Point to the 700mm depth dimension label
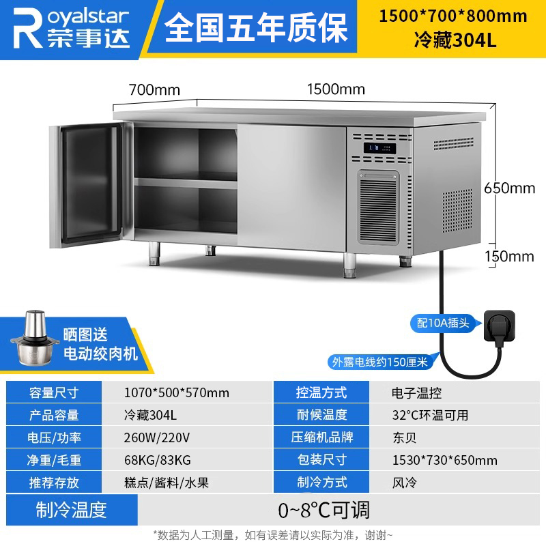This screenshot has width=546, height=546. pos(154,89)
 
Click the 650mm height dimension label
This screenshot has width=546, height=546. pos(509,188)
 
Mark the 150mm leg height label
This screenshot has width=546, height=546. pos(509,257)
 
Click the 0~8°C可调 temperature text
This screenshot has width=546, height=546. pos(324,509)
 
